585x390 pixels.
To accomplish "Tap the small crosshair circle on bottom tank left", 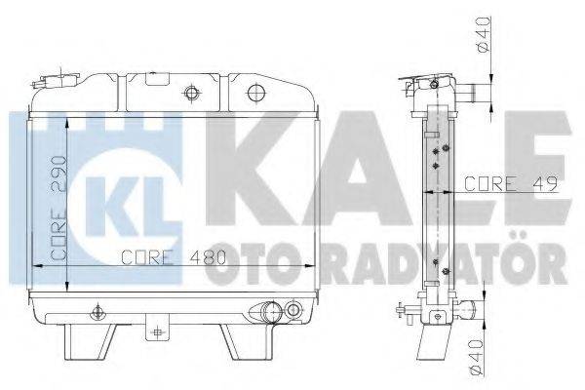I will click(x=96, y=313).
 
